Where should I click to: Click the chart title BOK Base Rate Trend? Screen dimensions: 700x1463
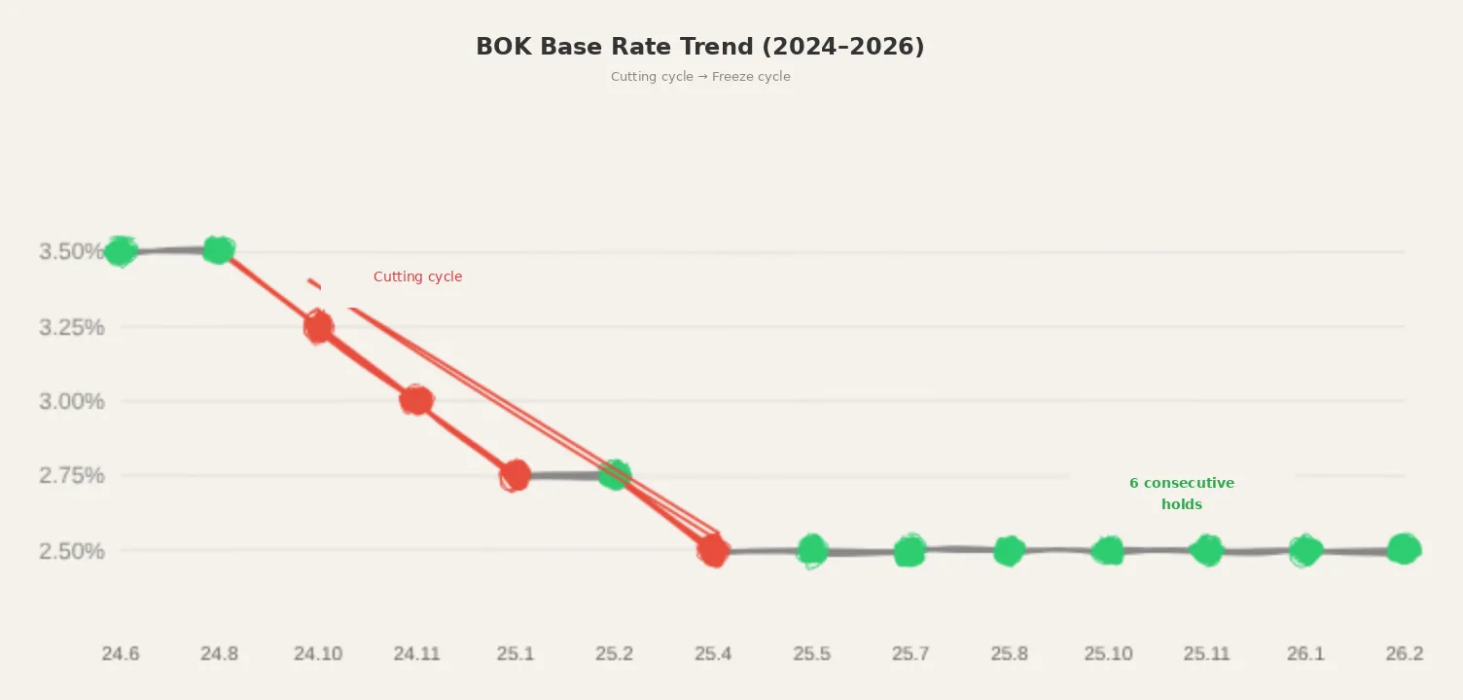click(x=699, y=47)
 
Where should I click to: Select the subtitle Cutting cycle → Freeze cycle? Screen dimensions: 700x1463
click(x=699, y=77)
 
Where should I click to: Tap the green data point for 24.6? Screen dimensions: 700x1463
click(x=121, y=251)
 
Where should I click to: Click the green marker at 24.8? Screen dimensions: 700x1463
click(x=219, y=250)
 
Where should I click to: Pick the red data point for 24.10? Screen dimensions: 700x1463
click(x=318, y=327)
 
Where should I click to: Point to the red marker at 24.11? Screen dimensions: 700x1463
click(x=416, y=400)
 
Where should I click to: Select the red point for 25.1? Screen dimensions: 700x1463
click(x=516, y=475)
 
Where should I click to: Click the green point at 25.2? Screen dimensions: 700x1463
click(x=614, y=475)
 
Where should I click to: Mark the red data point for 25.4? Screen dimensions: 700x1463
click(x=713, y=551)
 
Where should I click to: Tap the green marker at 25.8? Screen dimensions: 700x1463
click(x=1009, y=551)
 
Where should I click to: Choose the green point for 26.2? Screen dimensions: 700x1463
click(x=1403, y=549)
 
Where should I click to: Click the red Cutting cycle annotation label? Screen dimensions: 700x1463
click(x=417, y=277)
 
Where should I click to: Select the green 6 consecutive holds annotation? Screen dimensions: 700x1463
click(x=1181, y=494)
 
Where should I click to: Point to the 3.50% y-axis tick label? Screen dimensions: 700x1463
click(x=71, y=252)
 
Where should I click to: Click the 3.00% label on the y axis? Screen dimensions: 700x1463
click(x=71, y=401)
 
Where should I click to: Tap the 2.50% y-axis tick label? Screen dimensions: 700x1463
click(x=71, y=551)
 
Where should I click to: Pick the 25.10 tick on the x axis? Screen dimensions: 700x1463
click(x=1108, y=654)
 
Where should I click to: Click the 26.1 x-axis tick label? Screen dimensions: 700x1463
click(x=1305, y=654)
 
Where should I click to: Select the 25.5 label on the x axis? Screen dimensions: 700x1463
click(x=811, y=654)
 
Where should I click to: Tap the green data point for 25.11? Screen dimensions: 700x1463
click(x=1206, y=550)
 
